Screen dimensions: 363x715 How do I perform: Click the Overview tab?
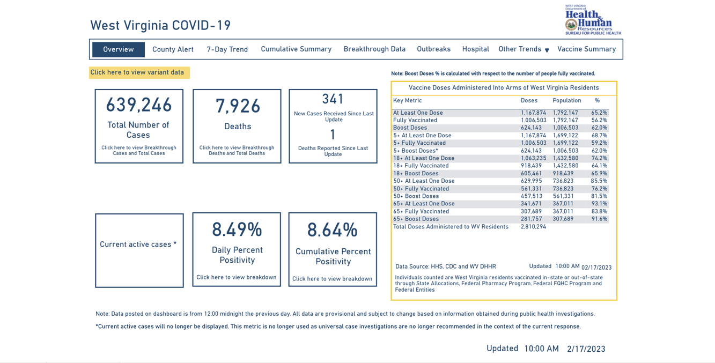click(x=119, y=49)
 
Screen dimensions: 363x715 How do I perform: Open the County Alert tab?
click(x=173, y=49)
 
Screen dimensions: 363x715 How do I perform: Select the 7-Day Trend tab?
click(x=227, y=49)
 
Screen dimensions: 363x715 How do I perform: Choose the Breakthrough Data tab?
click(x=374, y=49)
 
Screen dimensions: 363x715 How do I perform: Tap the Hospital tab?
click(x=475, y=49)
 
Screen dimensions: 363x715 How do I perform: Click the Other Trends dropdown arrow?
click(x=547, y=50)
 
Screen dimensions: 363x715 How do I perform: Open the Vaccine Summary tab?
click(x=586, y=49)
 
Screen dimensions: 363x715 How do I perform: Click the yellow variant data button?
click(x=139, y=72)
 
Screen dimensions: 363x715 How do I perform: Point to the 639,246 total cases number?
click(x=139, y=105)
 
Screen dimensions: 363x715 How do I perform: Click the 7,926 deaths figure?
click(x=238, y=106)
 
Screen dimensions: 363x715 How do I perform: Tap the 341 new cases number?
click(x=333, y=99)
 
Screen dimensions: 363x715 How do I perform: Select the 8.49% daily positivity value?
click(x=237, y=230)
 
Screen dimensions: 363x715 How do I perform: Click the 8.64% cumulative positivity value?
click(x=332, y=231)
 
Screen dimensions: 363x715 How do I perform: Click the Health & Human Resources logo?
click(x=592, y=20)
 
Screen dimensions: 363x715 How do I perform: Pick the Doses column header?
click(x=529, y=101)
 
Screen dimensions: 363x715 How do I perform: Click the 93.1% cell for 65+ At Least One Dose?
click(x=599, y=204)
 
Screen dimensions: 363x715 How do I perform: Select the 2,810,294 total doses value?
click(x=533, y=227)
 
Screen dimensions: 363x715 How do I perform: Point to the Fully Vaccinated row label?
click(x=415, y=121)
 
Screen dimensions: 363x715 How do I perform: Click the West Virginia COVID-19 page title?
click(x=160, y=26)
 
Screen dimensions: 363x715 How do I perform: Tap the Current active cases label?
click(x=138, y=245)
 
